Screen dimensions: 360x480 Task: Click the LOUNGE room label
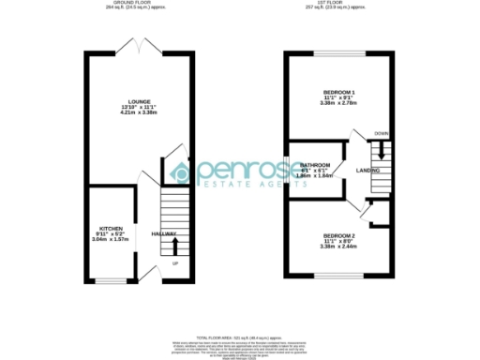tap(141, 99)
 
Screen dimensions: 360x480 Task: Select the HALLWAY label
tap(165, 233)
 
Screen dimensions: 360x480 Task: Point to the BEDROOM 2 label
tap(337, 234)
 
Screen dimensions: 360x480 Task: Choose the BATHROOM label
tap(315, 165)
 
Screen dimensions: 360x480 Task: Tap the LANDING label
tap(368, 171)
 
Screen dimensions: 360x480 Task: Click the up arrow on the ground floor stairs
tap(174, 247)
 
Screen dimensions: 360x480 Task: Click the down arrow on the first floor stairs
tap(382, 150)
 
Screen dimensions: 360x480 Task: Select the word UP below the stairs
tap(174, 262)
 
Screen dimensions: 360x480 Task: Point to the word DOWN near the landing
tap(381, 134)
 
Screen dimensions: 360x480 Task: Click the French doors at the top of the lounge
tap(141, 46)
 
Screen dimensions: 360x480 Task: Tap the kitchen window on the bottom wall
tap(111, 280)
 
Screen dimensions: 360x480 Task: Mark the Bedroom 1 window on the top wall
tap(337, 52)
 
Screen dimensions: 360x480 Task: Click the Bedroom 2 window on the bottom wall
tap(337, 277)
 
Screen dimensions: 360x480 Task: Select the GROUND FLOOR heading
tap(141, 5)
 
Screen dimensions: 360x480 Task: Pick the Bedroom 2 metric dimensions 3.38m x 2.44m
tap(337, 247)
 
